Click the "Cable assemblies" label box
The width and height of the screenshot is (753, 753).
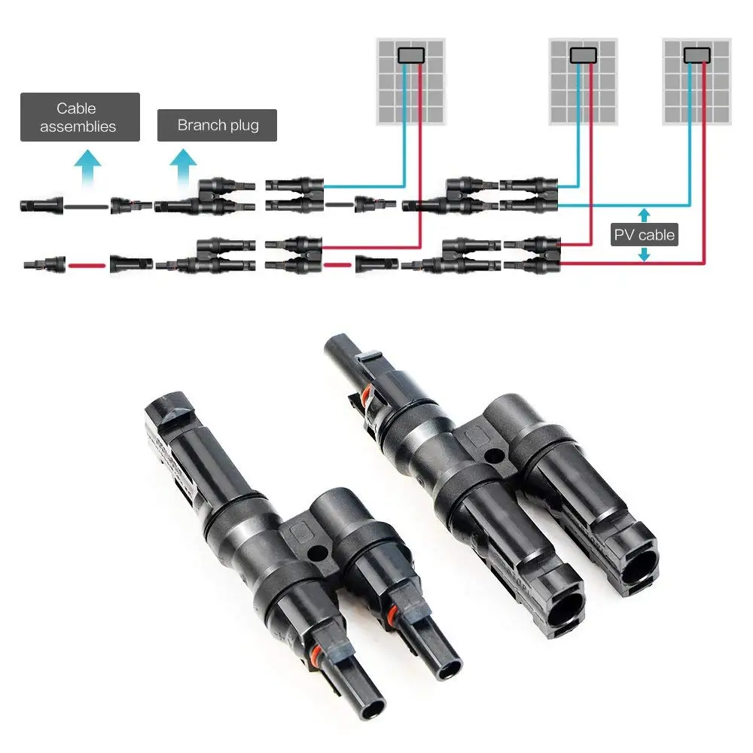click(x=79, y=117)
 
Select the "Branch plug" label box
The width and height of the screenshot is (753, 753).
click(x=217, y=125)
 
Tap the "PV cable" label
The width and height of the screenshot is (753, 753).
click(x=645, y=235)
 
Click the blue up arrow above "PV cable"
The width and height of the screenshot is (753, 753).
click(x=644, y=214)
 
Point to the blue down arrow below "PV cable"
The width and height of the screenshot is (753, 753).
click(x=644, y=256)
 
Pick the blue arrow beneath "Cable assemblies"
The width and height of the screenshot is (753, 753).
click(x=90, y=163)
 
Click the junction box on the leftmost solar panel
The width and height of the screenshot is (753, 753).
click(x=410, y=55)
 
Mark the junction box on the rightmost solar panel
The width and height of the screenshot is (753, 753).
click(x=697, y=54)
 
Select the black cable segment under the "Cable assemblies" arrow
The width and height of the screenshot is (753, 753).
click(x=87, y=205)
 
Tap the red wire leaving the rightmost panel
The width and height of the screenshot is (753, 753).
click(x=706, y=166)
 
